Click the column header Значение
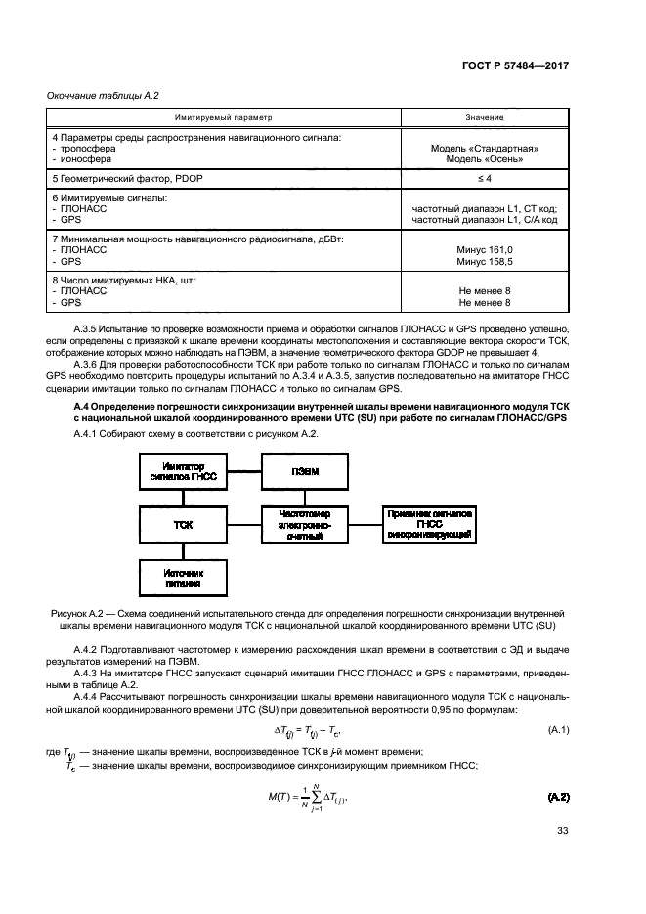485,117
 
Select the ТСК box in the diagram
183,524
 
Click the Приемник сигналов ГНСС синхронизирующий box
429,524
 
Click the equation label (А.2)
558,799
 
